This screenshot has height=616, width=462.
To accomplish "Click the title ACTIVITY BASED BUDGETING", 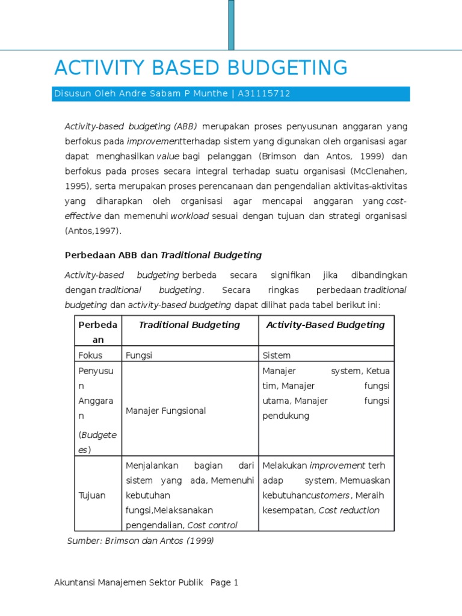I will pyautogui.click(x=201, y=68).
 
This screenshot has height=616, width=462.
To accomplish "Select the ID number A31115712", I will pyautogui.click(x=264, y=94).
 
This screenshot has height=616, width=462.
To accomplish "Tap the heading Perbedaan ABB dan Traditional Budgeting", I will pyautogui.click(x=163, y=255).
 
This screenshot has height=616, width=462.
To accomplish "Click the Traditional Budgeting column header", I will pyautogui.click(x=189, y=325).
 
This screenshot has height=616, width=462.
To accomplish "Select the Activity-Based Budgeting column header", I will pyautogui.click(x=325, y=325).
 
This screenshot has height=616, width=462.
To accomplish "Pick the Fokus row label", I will pyautogui.click(x=91, y=356).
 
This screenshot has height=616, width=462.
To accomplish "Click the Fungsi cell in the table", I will pyautogui.click(x=139, y=356).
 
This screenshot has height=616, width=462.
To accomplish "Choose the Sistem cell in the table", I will pyautogui.click(x=276, y=356).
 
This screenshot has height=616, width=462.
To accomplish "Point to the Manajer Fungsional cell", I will pyautogui.click(x=166, y=411).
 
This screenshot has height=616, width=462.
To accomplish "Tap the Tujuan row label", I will pyautogui.click(x=92, y=496).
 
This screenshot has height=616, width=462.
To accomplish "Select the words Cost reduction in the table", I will pyautogui.click(x=349, y=511).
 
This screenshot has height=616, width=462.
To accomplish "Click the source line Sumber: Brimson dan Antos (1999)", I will pyautogui.click(x=140, y=541).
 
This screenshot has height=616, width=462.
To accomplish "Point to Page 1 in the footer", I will pyautogui.click(x=224, y=583).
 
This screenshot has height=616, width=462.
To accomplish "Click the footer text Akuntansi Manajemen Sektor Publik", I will pyautogui.click(x=129, y=583).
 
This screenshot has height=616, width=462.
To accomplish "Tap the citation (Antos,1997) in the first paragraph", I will pyautogui.click(x=93, y=231).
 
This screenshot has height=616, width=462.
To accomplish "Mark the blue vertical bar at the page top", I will pyautogui.click(x=231, y=24).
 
